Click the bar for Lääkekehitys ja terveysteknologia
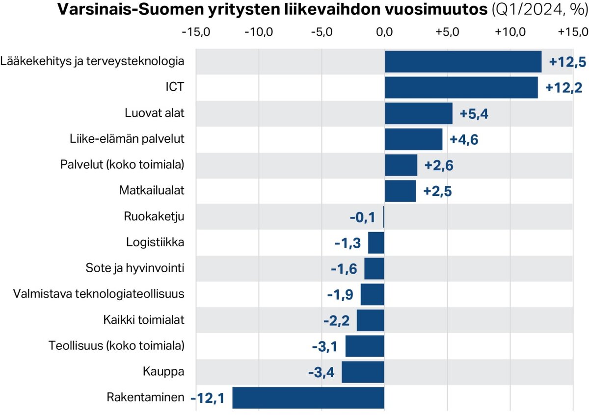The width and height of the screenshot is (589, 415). tap(463, 62)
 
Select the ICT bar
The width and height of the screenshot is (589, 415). tap(461, 88)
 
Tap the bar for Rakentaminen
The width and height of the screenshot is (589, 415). tap(308, 398)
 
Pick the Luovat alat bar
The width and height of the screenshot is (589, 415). tap(418, 113)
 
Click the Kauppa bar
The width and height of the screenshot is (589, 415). tap(363, 372)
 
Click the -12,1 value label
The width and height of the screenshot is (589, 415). tap(207, 398)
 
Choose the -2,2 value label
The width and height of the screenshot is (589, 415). tap(337, 321)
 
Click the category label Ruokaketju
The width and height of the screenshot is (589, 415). tap(154, 217)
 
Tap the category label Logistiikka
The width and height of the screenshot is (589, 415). tap(155, 242)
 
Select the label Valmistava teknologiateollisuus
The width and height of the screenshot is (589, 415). tap(99, 294)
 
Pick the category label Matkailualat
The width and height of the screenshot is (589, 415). tap(152, 190)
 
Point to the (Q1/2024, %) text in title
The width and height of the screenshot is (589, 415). tap(538, 10)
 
